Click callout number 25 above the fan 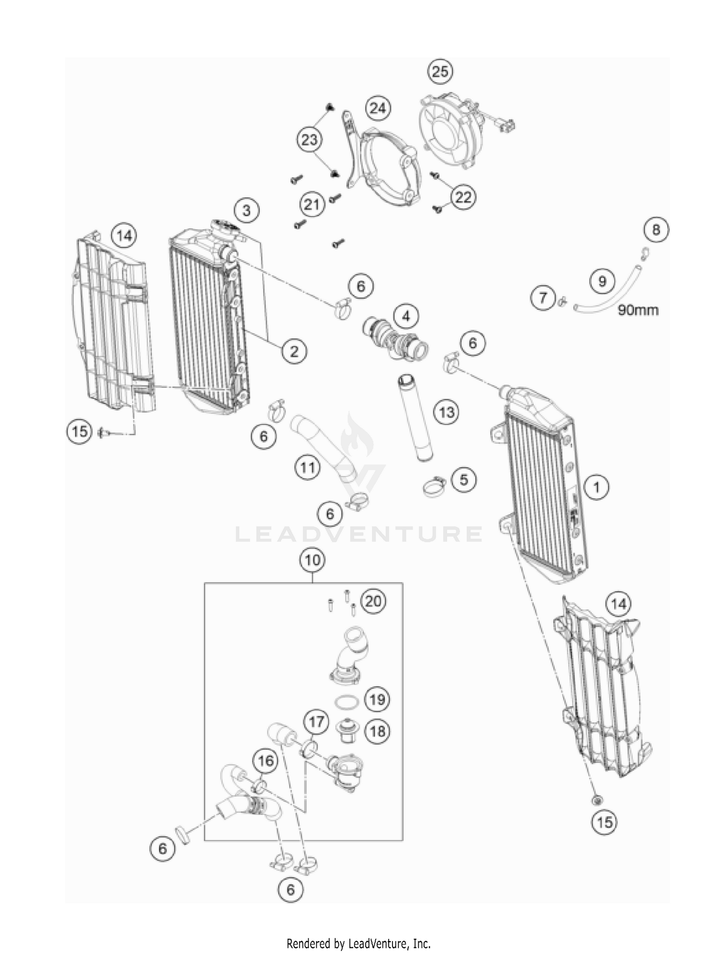pyautogui.click(x=440, y=72)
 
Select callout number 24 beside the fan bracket pyautogui.click(x=378, y=108)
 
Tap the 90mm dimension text pyautogui.click(x=638, y=310)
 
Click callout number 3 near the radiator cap pyautogui.click(x=247, y=210)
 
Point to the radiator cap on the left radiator pyautogui.click(x=224, y=226)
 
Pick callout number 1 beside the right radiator pyautogui.click(x=596, y=487)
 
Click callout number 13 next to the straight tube pyautogui.click(x=447, y=412)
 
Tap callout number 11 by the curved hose pyautogui.click(x=307, y=467)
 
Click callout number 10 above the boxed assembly pyautogui.click(x=312, y=559)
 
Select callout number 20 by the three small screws pyautogui.click(x=373, y=601)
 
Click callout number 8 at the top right pyautogui.click(x=656, y=230)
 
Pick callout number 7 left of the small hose pyautogui.click(x=543, y=298)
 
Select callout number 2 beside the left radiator pyautogui.click(x=293, y=352)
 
